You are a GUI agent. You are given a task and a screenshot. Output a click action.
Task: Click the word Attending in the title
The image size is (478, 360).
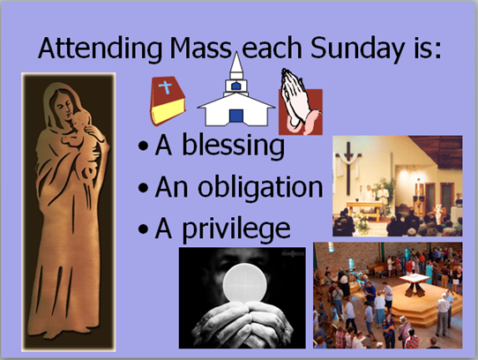[x=101, y=49]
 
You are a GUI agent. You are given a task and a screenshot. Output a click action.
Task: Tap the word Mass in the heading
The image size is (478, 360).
[x=201, y=48]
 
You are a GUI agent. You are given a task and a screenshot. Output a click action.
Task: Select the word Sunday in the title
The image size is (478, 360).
[x=358, y=49]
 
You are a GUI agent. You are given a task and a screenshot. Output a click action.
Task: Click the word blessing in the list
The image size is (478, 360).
[x=233, y=146]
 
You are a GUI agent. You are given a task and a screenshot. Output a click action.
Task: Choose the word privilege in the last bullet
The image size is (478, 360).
[x=236, y=229]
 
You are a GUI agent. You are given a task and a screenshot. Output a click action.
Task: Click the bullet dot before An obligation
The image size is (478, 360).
[x=143, y=188]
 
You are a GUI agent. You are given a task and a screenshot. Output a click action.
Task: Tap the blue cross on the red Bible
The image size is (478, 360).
[x=166, y=87]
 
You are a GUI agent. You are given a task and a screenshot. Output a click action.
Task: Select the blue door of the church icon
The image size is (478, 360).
[x=236, y=116]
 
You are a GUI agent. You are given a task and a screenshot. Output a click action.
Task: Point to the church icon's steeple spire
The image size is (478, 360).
[x=236, y=63]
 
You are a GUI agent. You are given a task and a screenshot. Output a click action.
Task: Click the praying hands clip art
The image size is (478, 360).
[x=300, y=101]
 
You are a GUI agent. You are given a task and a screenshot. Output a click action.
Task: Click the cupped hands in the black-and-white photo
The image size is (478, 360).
[x=243, y=324]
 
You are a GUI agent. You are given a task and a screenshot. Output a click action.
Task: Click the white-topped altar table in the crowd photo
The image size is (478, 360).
[x=415, y=283]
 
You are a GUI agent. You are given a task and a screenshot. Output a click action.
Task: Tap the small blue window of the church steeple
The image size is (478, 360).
[x=236, y=86]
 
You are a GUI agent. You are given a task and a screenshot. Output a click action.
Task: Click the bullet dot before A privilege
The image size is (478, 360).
[x=143, y=229]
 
